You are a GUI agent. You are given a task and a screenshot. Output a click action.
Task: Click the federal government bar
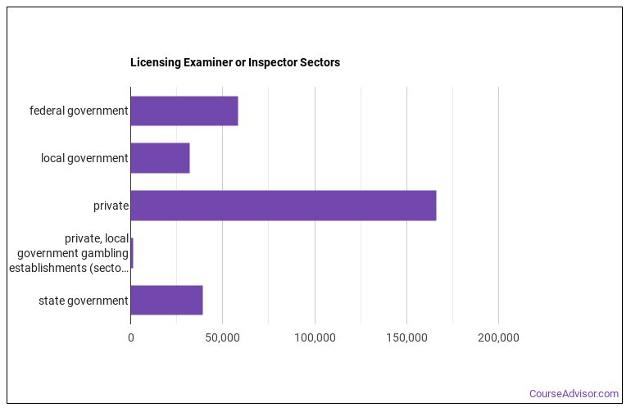(184, 111)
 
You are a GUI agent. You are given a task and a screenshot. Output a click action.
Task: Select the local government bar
(160, 158)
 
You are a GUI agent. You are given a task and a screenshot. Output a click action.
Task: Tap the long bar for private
(283, 206)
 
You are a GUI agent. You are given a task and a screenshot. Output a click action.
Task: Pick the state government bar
(166, 301)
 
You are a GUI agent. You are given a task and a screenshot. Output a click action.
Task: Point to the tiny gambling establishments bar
(132, 253)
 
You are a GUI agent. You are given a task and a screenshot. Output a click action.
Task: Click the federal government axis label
(79, 111)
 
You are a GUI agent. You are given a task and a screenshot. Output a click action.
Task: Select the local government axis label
(84, 158)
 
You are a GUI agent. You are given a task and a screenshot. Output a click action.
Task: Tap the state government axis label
(84, 301)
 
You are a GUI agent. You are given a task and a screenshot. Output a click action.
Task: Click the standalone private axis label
(111, 206)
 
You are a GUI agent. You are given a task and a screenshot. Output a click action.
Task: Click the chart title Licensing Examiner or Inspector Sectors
(235, 62)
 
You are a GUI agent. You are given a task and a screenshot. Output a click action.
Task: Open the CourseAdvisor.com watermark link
(574, 394)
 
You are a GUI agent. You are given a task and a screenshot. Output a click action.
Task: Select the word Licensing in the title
(154, 62)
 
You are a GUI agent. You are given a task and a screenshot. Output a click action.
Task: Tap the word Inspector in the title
(271, 62)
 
